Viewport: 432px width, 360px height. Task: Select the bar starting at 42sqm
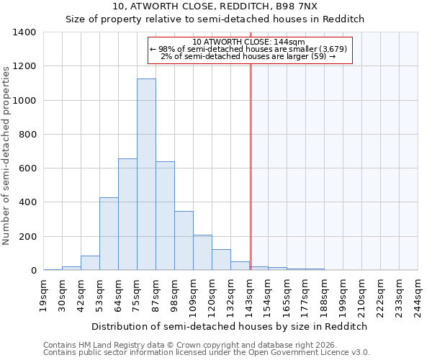click(x=90, y=263)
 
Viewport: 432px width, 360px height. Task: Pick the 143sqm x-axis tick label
click(x=250, y=296)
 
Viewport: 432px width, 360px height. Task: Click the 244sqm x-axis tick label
click(x=418, y=296)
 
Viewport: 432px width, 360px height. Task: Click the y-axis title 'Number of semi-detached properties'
click(x=7, y=155)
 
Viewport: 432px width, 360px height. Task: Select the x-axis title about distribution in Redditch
click(x=230, y=326)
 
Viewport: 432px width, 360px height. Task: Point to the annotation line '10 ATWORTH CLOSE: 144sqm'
click(x=249, y=42)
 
